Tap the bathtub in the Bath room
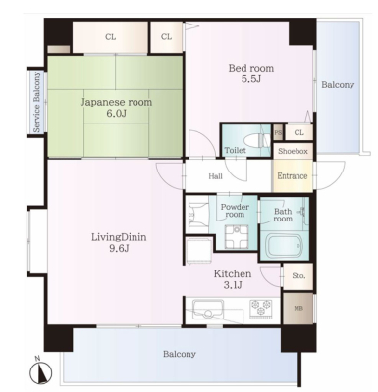pyautogui.click(x=284, y=245)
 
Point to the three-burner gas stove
pyautogui.click(x=261, y=309)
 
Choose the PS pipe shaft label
pyautogui.click(x=278, y=132)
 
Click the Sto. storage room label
pyautogui.click(x=298, y=276)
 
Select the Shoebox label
pyautogui.click(x=293, y=151)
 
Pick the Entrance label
pyautogui.click(x=293, y=176)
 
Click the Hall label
pyautogui.click(x=216, y=176)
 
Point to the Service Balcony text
pyautogui.click(x=37, y=102)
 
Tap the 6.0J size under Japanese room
pyautogui.click(x=117, y=113)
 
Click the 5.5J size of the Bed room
pyautogui.click(x=251, y=79)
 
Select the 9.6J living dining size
pyautogui.click(x=119, y=248)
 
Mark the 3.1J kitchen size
pyautogui.click(x=233, y=285)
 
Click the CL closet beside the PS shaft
pyautogui.click(x=298, y=132)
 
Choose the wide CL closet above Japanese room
pyautogui.click(x=111, y=37)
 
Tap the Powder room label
pyautogui.click(x=235, y=211)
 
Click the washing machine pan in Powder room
pyautogui.click(x=236, y=237)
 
